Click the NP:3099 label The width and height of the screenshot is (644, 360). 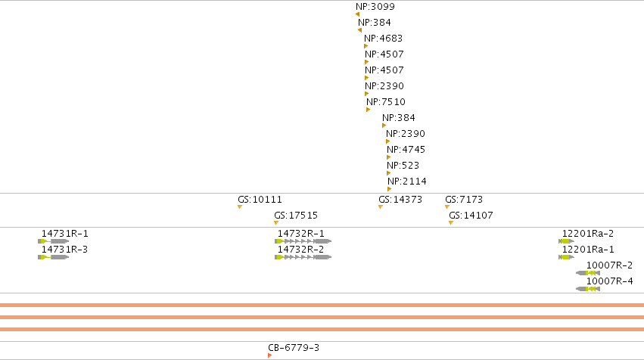pos(375,7)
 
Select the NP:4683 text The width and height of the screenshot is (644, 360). pos(383,39)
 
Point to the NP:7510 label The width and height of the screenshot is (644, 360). pos(386,102)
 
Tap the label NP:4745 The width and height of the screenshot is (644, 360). pos(406,150)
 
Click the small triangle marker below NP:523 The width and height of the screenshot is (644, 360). pos(388,173)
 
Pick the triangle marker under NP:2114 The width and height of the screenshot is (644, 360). pos(390,189)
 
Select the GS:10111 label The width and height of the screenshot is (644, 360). pos(260,200)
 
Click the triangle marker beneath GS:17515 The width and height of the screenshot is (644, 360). pos(276,223)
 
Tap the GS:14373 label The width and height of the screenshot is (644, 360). pos(400,200)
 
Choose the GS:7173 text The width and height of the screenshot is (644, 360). pos(464,200)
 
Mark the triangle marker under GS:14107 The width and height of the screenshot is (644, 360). pos(451,223)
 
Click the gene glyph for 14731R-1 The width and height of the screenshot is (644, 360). pos(54,241)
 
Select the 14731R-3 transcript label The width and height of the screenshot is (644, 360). pos(64,250)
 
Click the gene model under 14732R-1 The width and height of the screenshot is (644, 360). pos(303,241)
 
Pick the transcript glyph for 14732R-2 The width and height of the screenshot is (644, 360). pos(303,257)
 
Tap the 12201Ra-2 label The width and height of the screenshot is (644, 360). pos(588,234)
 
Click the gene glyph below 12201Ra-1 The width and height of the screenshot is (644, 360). pos(566,257)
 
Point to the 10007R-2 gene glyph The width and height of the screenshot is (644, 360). pos(588,273)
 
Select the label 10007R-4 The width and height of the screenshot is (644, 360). pos(609,281)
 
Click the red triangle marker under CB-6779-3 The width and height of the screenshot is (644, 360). pos(269,355)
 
